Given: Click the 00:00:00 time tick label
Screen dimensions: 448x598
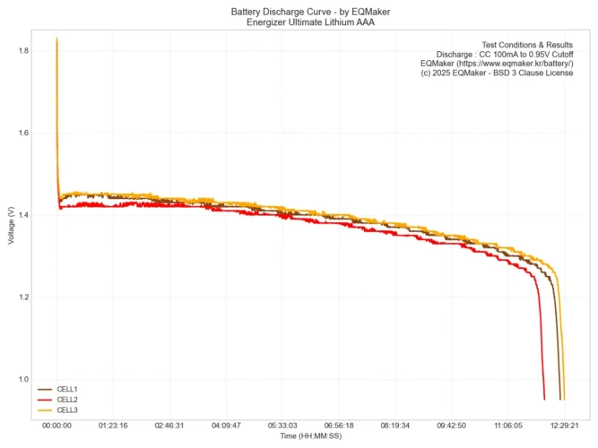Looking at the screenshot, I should click(x=56, y=426).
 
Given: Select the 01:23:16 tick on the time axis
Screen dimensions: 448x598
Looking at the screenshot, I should click(x=113, y=426).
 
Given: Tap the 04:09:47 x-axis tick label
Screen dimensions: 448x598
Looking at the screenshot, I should click(x=226, y=426).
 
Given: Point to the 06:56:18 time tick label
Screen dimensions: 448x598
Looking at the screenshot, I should click(x=339, y=426).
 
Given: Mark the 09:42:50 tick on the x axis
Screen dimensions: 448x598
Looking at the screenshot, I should click(x=452, y=426).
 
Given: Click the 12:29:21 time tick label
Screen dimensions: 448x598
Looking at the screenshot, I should click(x=564, y=426).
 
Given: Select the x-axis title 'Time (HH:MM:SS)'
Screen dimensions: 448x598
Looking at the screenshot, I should click(x=309, y=436).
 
